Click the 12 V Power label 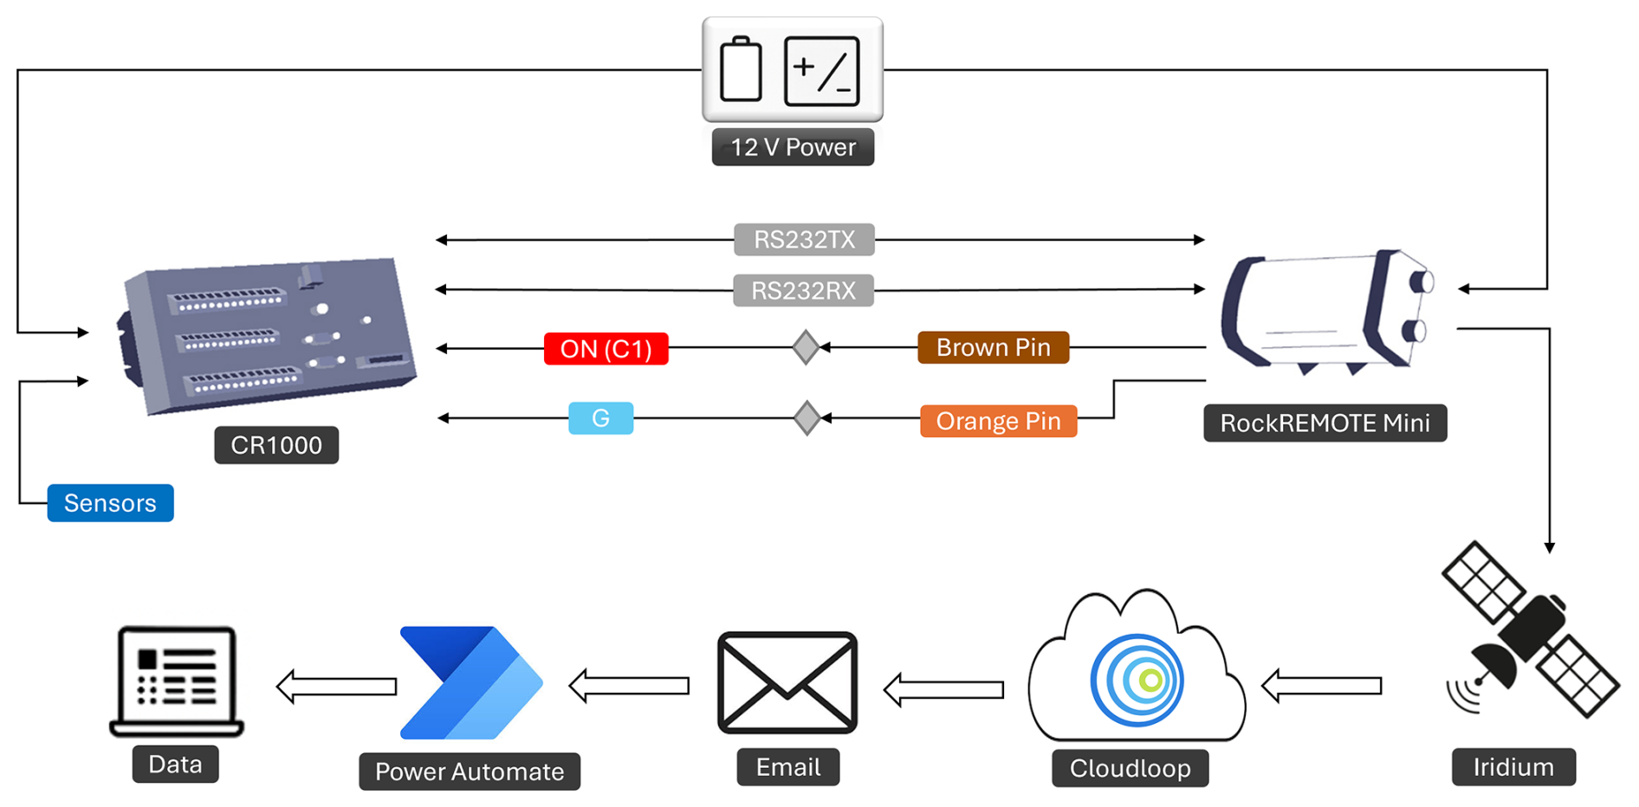[x=793, y=147]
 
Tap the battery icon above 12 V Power [x=741, y=70]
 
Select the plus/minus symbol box [x=821, y=71]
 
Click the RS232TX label [x=804, y=240]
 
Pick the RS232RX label [x=803, y=290]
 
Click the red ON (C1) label [x=606, y=349]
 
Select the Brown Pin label [x=993, y=347]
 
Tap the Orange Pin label [x=998, y=421]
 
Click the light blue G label [x=600, y=418]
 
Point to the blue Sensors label [x=110, y=503]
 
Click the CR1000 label [x=276, y=445]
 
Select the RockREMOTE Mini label [x=1325, y=423]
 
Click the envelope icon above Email [x=787, y=682]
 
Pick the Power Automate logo [x=471, y=682]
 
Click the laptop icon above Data [x=177, y=681]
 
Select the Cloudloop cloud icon [x=1137, y=671]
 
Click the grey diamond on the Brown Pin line [x=806, y=347]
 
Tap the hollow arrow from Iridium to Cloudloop [x=1321, y=687]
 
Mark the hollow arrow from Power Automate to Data [x=336, y=687]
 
